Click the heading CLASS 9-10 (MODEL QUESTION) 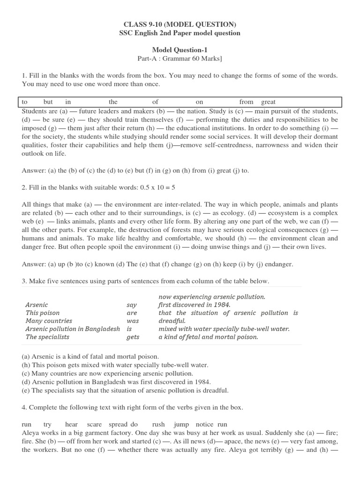180,24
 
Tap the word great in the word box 268,102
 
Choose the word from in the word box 246,102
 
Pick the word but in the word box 48,102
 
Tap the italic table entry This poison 43,313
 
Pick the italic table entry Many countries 49,321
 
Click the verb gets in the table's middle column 133,337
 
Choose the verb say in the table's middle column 132,305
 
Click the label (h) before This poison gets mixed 26,365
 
